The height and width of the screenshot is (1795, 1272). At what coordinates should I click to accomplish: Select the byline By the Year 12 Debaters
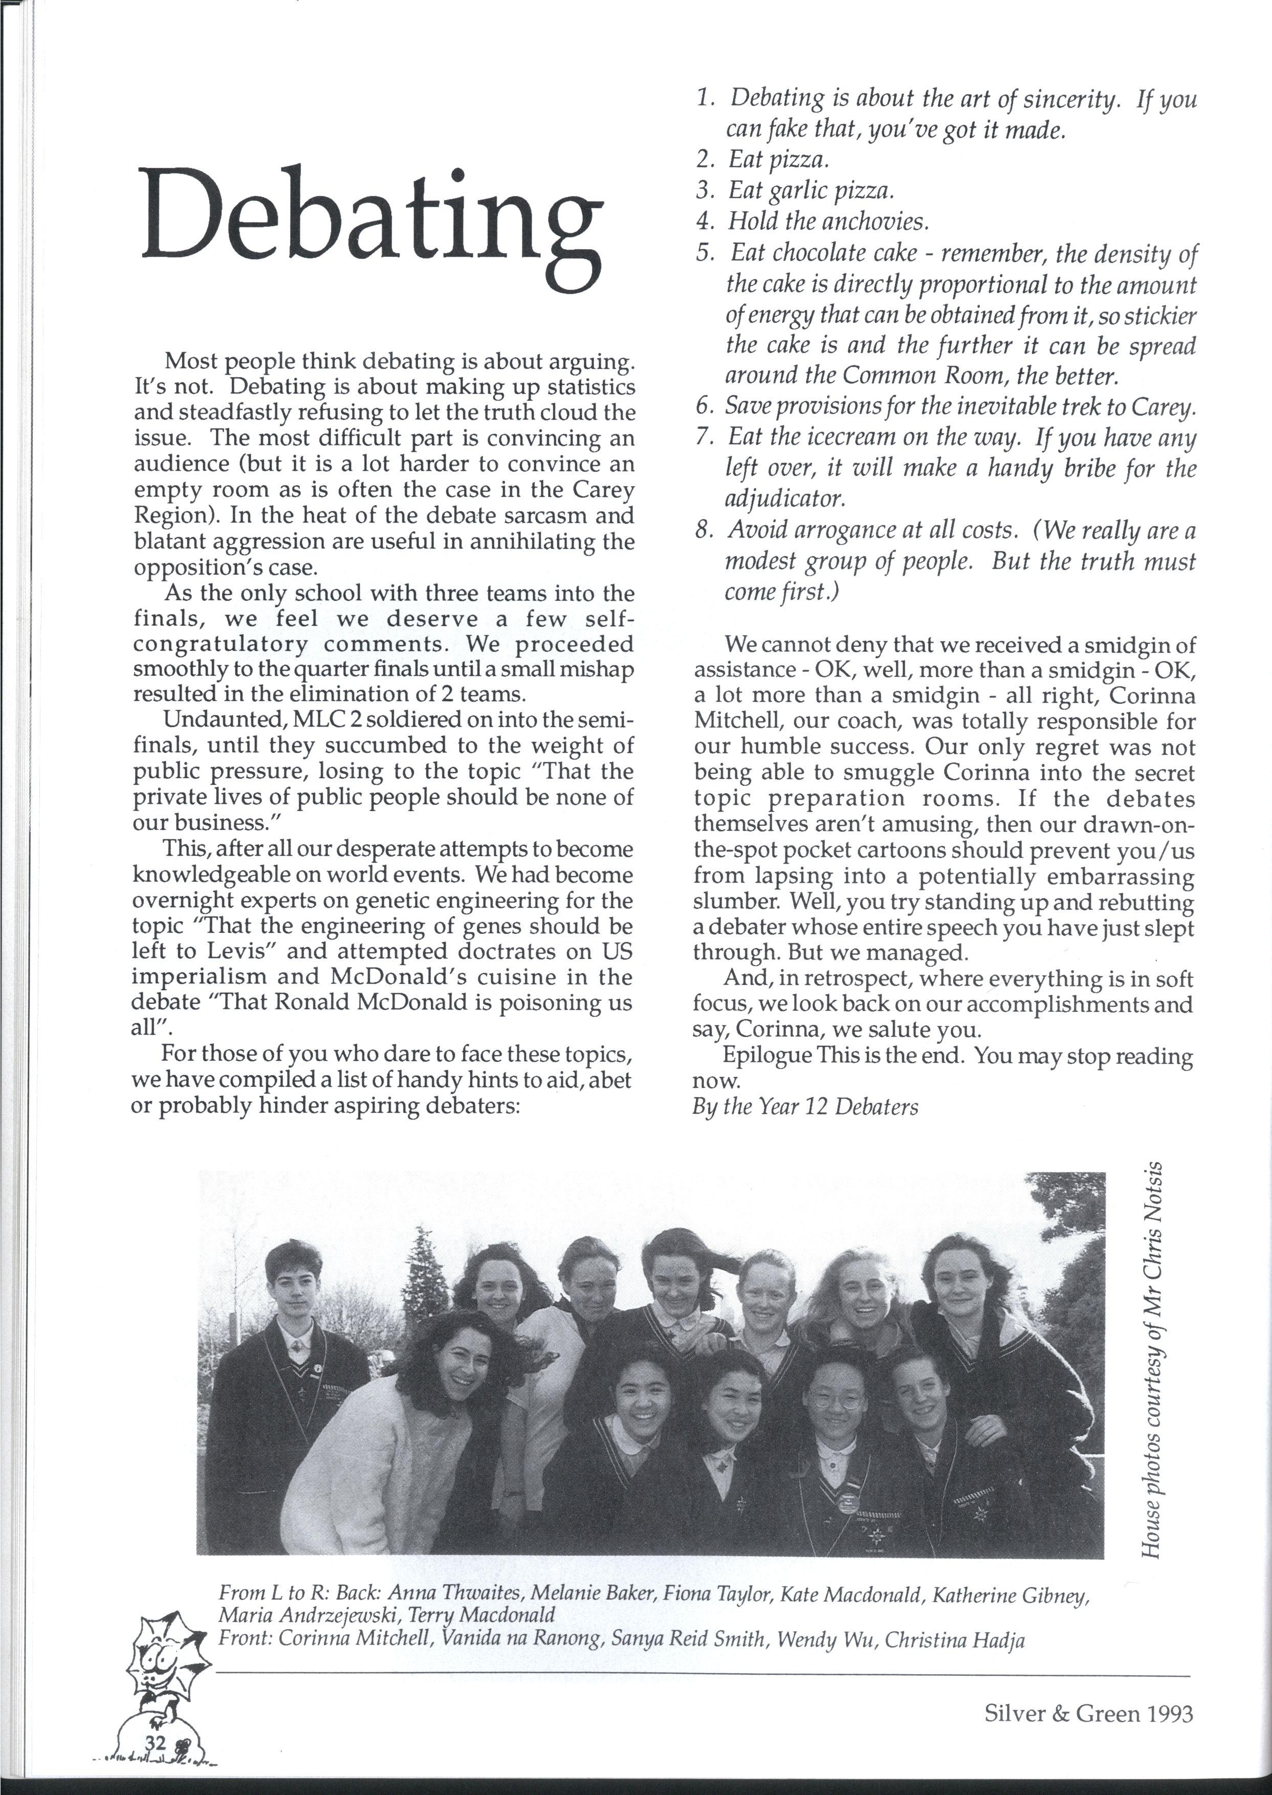point(805,1107)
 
